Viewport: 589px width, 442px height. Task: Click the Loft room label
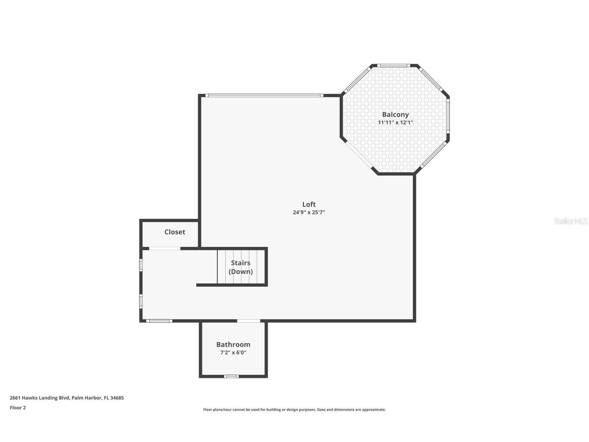click(309, 204)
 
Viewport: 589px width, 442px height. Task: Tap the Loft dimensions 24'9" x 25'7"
click(309, 213)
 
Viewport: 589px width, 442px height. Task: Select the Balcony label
click(395, 115)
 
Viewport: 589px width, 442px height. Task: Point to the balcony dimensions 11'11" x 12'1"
click(395, 123)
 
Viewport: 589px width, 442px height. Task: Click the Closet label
click(174, 232)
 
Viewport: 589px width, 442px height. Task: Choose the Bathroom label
click(233, 345)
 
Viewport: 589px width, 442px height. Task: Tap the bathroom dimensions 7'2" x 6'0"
click(233, 352)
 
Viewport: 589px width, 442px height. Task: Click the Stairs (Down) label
click(241, 267)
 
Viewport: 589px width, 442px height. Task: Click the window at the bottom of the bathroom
click(232, 376)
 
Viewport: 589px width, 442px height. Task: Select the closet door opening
click(165, 249)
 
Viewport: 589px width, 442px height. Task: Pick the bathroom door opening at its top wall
click(248, 321)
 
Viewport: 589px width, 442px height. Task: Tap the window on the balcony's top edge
click(394, 66)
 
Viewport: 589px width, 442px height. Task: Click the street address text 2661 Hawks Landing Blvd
click(40, 398)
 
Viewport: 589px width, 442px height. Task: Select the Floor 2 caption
click(18, 408)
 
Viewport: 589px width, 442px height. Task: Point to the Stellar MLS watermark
click(571, 221)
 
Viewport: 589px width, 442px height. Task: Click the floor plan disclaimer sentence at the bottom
click(294, 410)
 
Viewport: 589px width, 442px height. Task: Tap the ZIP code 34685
click(117, 398)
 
